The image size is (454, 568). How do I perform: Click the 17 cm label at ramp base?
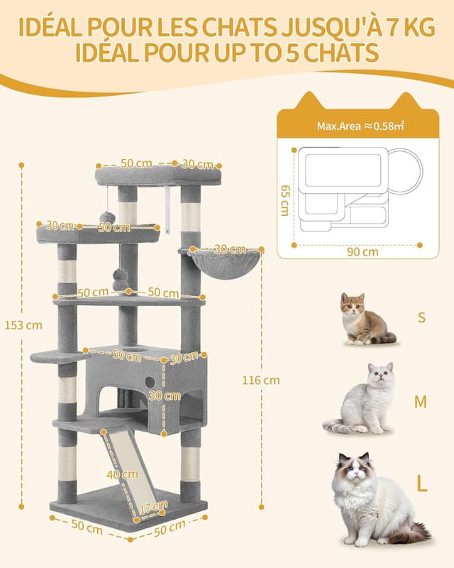click(148, 508)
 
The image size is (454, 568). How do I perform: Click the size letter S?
click(421, 317)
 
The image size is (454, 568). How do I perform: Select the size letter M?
click(421, 402)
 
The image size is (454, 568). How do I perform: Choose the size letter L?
click(422, 485)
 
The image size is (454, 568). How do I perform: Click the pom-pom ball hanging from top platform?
click(107, 217)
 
